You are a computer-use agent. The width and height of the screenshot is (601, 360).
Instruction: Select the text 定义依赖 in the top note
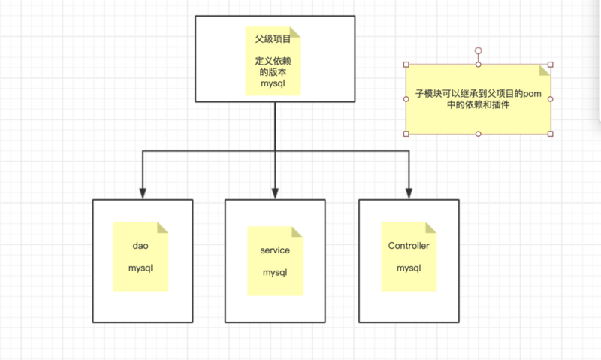(274, 62)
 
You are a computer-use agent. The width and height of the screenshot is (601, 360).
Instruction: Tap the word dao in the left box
(140, 246)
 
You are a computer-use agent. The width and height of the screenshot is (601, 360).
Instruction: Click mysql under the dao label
(140, 268)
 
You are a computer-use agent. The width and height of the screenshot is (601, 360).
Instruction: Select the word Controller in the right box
(409, 246)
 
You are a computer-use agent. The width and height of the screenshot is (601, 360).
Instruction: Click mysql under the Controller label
(409, 268)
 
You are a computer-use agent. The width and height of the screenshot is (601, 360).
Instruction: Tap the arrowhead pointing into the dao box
(141, 192)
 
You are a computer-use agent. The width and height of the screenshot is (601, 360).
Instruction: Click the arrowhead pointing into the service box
(275, 192)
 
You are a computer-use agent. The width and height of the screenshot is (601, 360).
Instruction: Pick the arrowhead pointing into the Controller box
(409, 192)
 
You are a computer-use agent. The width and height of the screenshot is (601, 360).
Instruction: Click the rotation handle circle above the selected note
(478, 50)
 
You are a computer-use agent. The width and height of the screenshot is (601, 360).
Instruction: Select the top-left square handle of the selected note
(406, 65)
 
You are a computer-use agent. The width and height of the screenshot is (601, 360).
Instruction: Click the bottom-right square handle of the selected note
(551, 134)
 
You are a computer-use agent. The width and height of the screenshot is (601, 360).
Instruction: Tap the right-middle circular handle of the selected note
(551, 99)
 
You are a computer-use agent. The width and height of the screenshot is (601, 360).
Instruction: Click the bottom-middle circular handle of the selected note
(478, 134)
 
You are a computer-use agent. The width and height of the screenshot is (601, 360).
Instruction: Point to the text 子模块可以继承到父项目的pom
(478, 95)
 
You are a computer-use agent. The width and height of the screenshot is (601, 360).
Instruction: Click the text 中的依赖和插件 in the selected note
(478, 106)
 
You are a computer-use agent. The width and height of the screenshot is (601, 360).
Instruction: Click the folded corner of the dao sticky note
(163, 228)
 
